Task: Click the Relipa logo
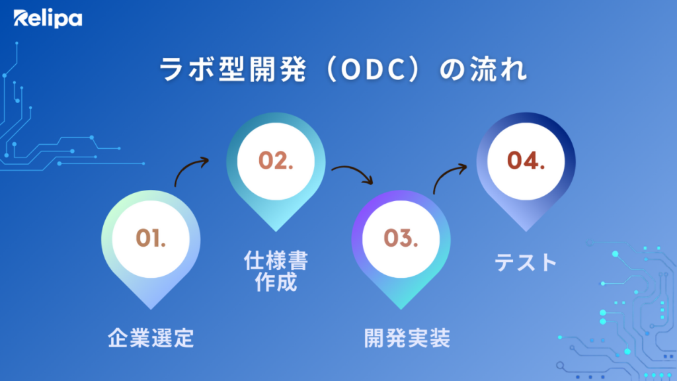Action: [x=48, y=19]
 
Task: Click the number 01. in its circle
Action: [x=151, y=238]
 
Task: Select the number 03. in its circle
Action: [x=401, y=238]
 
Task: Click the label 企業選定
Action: [x=151, y=338]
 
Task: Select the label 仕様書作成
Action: [x=276, y=271]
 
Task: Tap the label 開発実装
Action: [x=407, y=338]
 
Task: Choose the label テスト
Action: [x=526, y=262]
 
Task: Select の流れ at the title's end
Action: [x=483, y=69]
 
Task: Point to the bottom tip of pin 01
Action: [x=151, y=310]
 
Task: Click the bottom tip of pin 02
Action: [x=276, y=232]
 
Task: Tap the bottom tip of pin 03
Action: [x=401, y=310]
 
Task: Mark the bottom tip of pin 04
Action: [x=526, y=232]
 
